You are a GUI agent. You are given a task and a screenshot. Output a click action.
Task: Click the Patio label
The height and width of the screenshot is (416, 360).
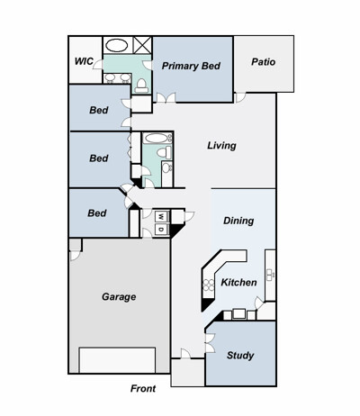point(263,62)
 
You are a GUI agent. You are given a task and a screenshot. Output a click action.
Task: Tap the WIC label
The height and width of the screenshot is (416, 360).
point(84,61)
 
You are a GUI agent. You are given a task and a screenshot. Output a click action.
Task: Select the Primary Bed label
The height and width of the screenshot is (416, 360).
point(191,66)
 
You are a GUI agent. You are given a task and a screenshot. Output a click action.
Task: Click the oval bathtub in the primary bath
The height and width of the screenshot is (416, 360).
point(117,46)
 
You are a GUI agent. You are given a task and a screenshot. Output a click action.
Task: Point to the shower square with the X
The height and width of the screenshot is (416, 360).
point(142,45)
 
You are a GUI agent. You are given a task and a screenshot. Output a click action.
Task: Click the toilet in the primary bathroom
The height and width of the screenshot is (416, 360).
point(141,86)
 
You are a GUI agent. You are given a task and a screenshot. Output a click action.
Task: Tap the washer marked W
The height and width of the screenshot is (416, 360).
point(161,216)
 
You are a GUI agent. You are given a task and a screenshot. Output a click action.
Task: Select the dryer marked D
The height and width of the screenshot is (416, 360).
point(161,230)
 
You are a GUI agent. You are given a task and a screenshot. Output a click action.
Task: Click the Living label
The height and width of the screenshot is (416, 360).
point(221,146)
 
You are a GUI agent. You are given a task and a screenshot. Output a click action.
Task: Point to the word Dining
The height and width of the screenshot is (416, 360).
point(238,221)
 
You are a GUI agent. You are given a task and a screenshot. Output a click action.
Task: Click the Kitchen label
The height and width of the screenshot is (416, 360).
point(238,283)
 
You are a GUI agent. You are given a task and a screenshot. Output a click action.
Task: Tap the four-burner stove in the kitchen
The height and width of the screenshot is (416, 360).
point(209,285)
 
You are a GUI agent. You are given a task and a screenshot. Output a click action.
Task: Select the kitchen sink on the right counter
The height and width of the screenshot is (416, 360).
point(270,275)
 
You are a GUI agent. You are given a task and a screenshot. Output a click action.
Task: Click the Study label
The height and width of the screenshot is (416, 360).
point(240,356)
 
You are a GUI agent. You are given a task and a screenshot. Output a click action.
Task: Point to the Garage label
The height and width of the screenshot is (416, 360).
point(119,297)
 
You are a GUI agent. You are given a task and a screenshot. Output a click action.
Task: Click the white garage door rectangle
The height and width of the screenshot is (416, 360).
point(117,360)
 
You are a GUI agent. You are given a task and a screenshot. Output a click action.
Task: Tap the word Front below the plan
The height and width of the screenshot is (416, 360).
point(143,389)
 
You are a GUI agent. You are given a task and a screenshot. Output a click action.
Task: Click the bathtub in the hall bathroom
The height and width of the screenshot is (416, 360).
point(157,139)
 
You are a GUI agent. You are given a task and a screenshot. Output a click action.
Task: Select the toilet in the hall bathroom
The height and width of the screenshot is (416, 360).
point(165,152)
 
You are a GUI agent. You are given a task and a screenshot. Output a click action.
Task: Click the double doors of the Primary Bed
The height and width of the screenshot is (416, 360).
point(166,98)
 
